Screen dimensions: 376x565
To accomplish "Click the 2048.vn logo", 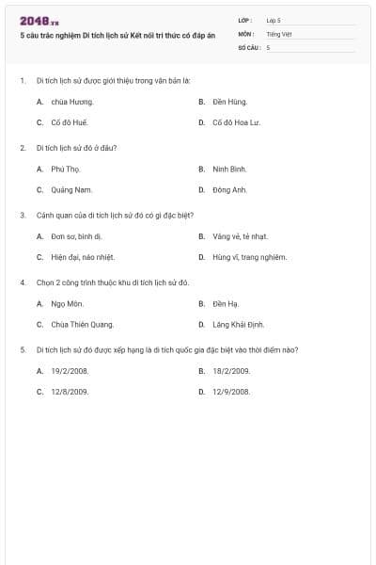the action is [39, 21].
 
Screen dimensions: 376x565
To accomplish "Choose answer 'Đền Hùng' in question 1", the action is [229, 102].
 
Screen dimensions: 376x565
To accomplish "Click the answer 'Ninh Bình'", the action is [229, 169].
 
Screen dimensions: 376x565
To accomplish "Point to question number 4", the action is [22, 282].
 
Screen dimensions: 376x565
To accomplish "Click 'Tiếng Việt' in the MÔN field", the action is [279, 33].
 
